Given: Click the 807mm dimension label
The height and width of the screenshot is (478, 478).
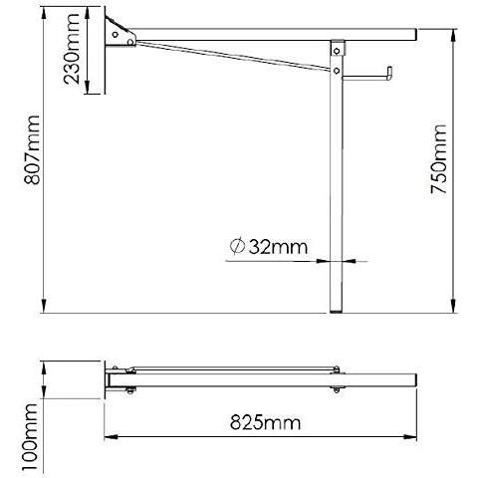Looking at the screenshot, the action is point(32,149).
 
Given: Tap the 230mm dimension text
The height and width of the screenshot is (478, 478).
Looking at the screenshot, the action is point(72,49).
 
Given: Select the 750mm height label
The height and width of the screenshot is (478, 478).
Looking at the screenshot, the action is point(438,159).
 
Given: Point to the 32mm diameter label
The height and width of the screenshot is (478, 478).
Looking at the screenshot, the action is point(269,247).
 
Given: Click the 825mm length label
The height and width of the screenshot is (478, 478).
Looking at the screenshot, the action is point(266,422).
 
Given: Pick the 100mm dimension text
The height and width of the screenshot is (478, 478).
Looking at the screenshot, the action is point(30,437).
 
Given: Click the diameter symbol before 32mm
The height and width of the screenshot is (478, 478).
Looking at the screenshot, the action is point(237,246).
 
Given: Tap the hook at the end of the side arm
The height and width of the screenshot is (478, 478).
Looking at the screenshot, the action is point(388,74).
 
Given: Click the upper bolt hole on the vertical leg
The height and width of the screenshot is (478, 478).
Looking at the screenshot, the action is point(337,51).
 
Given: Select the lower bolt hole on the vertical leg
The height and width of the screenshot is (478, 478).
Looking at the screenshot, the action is point(337,71).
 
